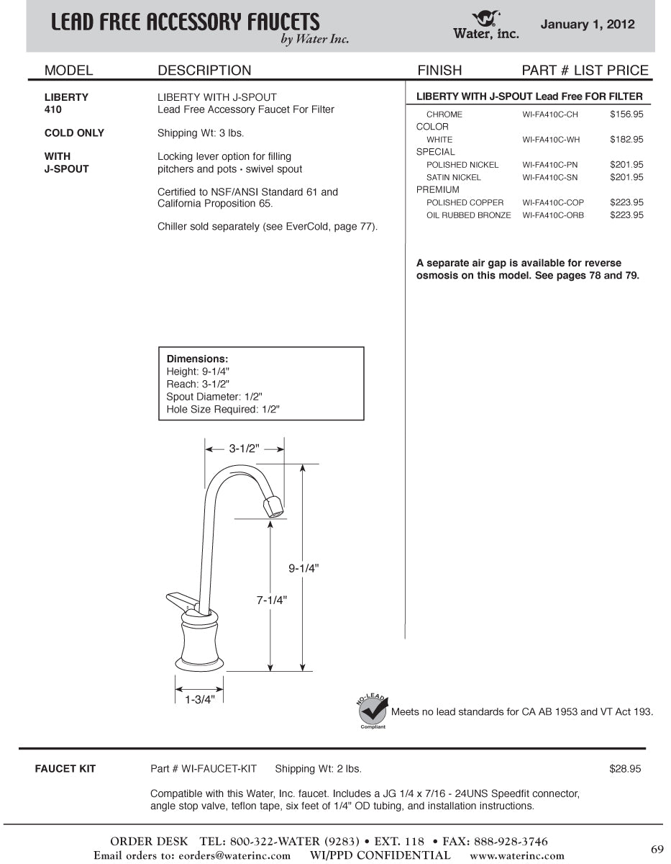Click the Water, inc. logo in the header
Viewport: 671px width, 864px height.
point(485,24)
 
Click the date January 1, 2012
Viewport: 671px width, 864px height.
point(588,24)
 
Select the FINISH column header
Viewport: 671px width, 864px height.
point(439,70)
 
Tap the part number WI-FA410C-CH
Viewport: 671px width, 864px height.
point(550,114)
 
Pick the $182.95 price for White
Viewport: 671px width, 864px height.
point(626,140)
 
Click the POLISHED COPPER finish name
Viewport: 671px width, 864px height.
point(465,202)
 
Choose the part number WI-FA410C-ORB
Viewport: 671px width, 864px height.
point(553,215)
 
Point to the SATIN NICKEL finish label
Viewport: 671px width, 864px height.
point(454,177)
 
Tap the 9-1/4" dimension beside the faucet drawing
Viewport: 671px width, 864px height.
point(303,567)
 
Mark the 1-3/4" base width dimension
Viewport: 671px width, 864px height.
point(198,699)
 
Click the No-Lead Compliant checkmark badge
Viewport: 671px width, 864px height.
point(373,711)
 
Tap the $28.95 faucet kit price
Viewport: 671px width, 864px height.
point(624,769)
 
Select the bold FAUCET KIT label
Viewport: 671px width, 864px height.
point(65,769)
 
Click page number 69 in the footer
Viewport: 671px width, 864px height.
point(657,849)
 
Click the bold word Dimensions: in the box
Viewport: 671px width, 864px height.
point(197,359)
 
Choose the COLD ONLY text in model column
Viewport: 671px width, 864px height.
point(74,132)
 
